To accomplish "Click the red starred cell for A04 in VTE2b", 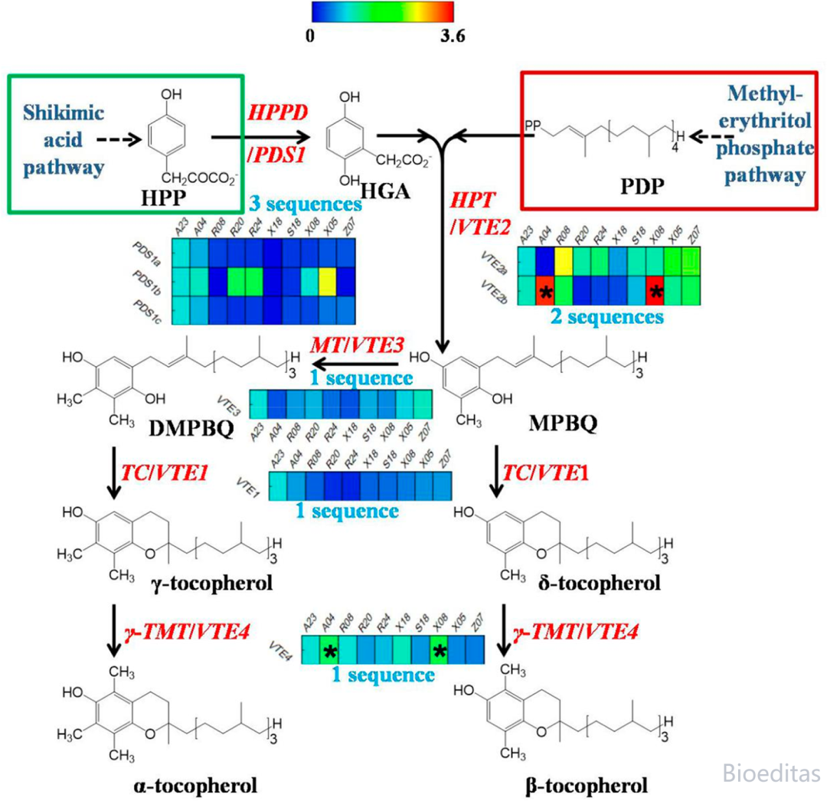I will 545,291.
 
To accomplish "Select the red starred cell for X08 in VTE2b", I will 655,291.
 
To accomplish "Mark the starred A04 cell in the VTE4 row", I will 329,651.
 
